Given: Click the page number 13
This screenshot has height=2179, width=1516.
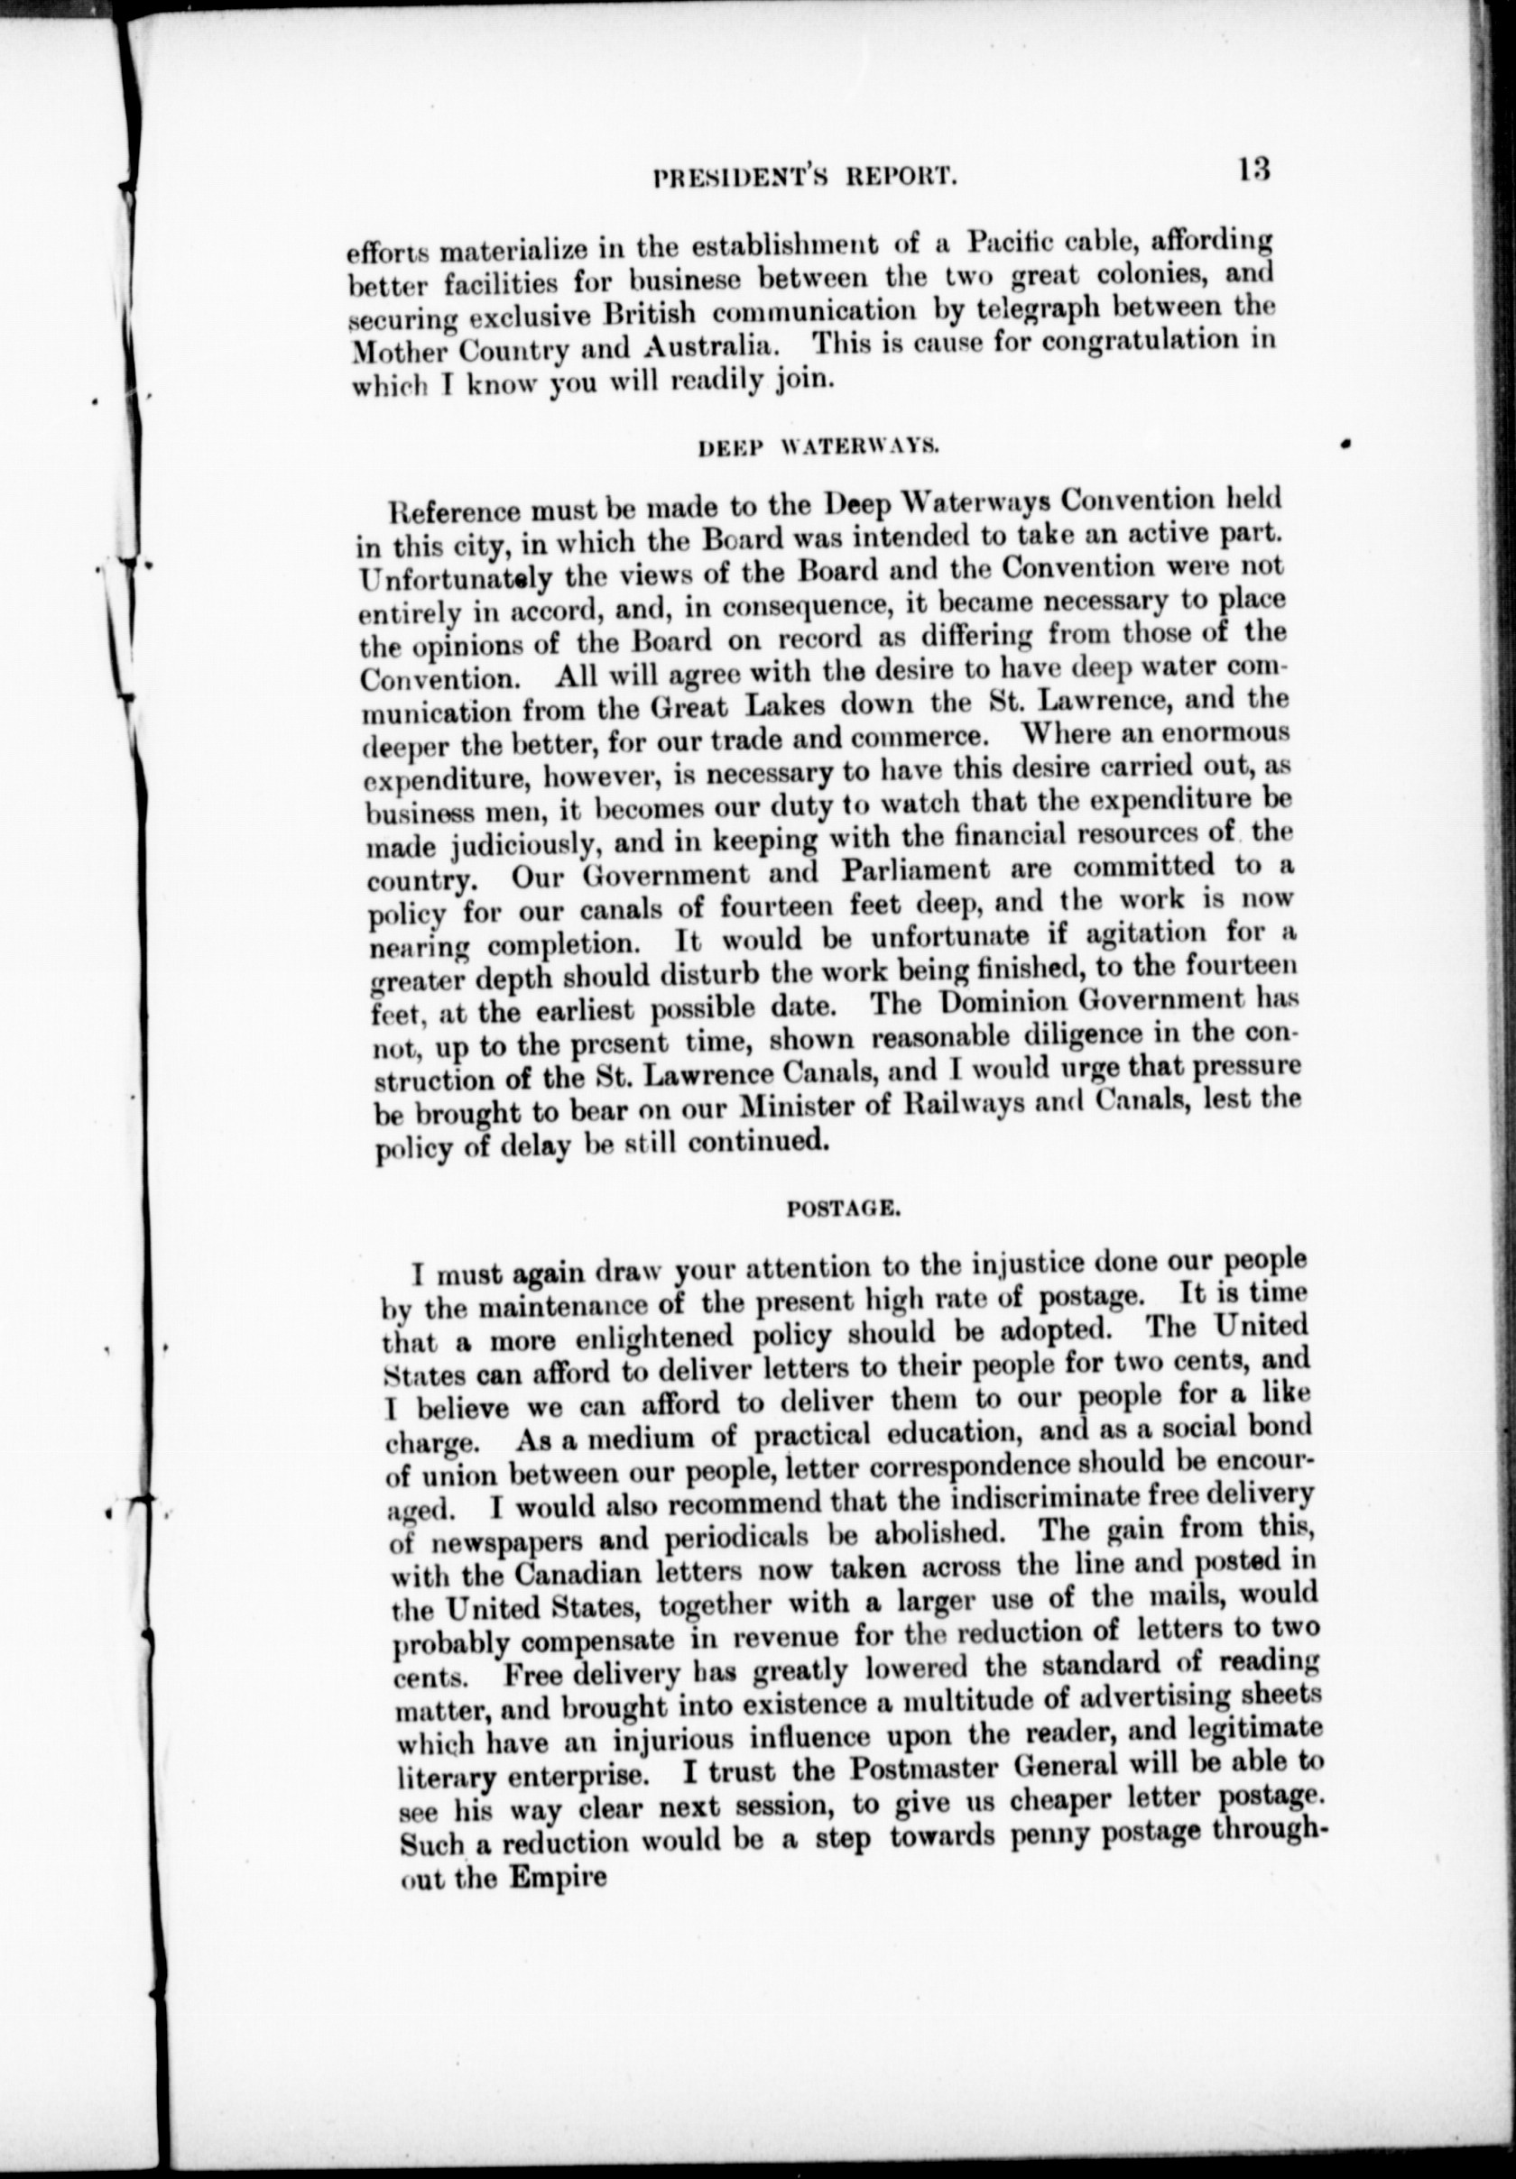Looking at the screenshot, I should [x=1253, y=170].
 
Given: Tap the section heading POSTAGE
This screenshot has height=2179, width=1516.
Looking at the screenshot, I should [x=839, y=1209].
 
